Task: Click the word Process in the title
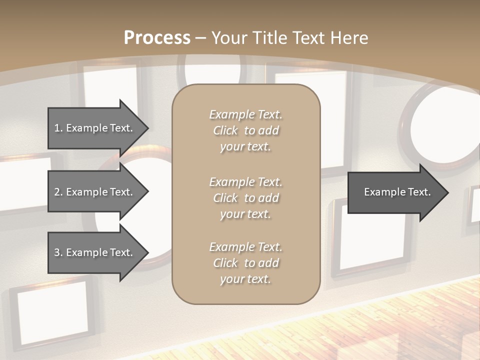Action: (157, 37)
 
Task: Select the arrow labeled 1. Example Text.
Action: (95, 128)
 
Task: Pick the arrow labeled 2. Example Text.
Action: (95, 192)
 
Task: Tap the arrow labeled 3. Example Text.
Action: (95, 252)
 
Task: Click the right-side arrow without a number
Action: (395, 192)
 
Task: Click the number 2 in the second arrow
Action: (57, 192)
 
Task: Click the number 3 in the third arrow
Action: (57, 252)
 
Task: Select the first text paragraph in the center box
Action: (245, 130)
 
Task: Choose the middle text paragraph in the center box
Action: (245, 198)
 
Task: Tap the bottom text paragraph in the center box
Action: (245, 263)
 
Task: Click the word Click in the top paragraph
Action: (225, 130)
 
